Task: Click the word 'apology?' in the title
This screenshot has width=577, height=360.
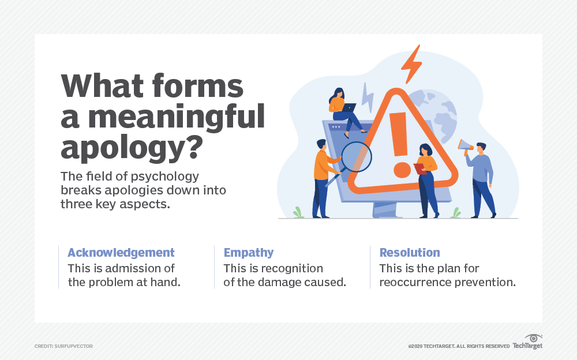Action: (132, 147)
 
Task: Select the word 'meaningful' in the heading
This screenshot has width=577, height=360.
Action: (176, 116)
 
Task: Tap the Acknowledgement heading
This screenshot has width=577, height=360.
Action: (121, 253)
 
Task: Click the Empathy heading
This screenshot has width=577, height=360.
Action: (248, 253)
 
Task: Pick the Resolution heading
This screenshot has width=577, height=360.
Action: (410, 253)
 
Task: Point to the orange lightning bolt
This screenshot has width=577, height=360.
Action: (412, 64)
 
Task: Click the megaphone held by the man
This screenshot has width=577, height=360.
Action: (466, 146)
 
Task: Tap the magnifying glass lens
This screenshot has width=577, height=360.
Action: (356, 157)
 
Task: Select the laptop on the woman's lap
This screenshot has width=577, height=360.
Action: (348, 108)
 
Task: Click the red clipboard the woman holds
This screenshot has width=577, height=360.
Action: (420, 168)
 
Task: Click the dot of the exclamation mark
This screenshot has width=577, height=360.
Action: (402, 170)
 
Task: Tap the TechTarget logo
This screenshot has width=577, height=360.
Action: (528, 342)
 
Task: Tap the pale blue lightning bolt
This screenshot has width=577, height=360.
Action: (368, 97)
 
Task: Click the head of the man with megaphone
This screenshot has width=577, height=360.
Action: (481, 148)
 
